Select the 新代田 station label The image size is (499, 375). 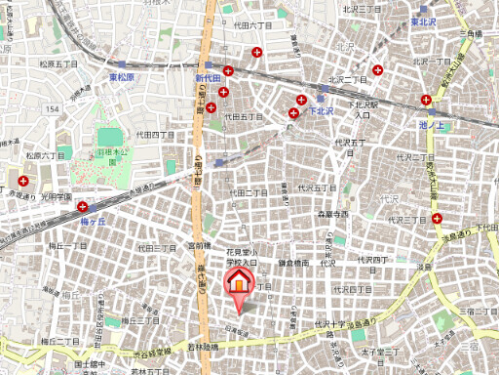coord(209,76)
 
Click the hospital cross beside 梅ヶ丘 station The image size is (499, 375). coord(84,207)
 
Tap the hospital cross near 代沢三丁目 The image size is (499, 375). coord(438,219)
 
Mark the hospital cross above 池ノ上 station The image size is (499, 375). coord(427,99)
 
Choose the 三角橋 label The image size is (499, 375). coord(471,35)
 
